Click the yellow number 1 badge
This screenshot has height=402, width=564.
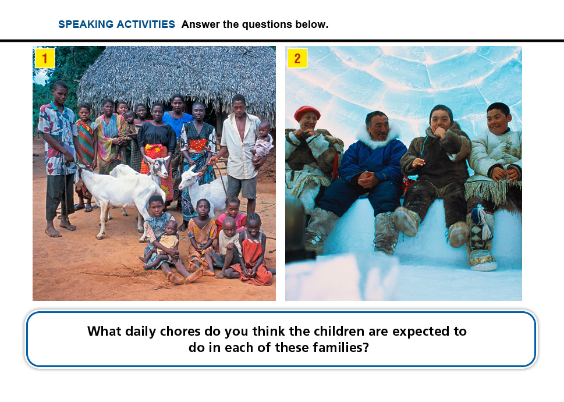pyautogui.click(x=45, y=58)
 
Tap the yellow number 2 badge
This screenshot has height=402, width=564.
pyautogui.click(x=297, y=58)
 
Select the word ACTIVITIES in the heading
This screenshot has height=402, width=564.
pyautogui.click(x=146, y=24)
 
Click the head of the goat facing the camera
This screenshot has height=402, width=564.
pyautogui.click(x=158, y=166)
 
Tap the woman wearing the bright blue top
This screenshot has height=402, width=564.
pyautogui.click(x=177, y=119)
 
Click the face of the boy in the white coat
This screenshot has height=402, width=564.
pyautogui.click(x=499, y=120)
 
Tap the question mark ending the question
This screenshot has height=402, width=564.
pyautogui.click(x=366, y=348)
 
